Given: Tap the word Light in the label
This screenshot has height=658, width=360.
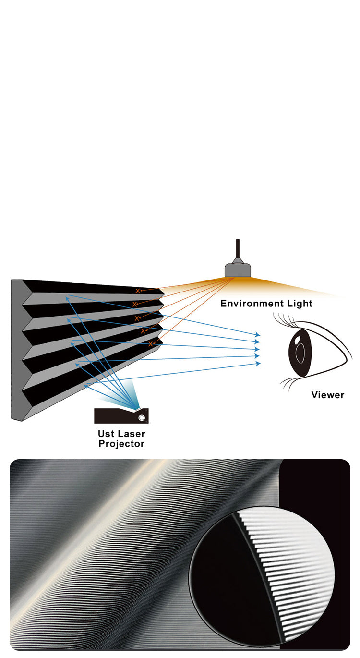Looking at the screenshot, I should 299,304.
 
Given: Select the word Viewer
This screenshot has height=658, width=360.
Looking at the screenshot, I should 328,395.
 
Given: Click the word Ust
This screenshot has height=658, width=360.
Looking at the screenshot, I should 107,434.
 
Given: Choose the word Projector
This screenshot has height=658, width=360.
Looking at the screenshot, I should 121,444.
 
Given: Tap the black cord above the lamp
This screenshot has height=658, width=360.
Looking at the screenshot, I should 237,250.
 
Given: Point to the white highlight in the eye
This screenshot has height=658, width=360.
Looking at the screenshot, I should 297,341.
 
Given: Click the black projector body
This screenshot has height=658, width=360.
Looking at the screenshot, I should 115,416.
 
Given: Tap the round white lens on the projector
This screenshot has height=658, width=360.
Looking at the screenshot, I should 142,418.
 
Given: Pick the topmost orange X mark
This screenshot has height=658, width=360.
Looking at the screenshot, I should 138,291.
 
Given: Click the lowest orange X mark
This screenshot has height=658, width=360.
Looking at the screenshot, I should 150,344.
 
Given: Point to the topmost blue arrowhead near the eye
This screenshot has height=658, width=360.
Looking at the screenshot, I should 258,334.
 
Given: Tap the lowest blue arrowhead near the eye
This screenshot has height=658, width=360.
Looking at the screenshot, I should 258,364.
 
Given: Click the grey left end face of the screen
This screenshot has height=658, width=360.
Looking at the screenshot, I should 16,351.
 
